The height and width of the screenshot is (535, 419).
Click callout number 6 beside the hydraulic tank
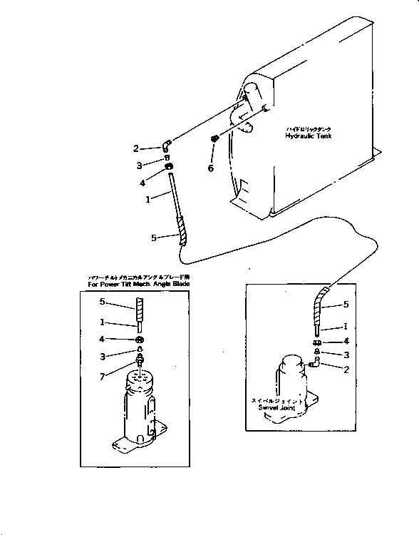210,168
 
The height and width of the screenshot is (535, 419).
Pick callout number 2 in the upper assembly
135,149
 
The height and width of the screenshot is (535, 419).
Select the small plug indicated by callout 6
214,138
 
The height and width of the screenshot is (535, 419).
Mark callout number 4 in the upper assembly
143,181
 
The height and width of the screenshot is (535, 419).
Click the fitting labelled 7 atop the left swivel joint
140,360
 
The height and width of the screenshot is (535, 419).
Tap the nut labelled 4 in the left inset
140,339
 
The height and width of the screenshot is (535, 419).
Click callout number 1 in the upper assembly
148,200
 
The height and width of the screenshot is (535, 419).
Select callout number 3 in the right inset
346,354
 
